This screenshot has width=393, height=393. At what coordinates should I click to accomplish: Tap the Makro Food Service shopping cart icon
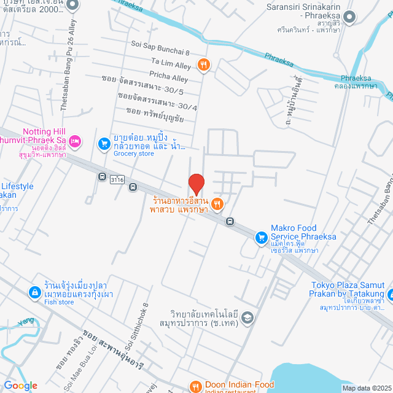(x=261, y=236)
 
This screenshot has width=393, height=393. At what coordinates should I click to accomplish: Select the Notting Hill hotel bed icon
(x=75, y=142)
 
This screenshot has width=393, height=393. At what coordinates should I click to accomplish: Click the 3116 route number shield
(x=117, y=180)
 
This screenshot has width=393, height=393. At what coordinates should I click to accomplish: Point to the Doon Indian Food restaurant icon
(x=195, y=387)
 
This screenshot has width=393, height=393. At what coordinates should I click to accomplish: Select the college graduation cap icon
(x=246, y=317)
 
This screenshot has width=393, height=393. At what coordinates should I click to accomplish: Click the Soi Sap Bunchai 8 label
(x=160, y=44)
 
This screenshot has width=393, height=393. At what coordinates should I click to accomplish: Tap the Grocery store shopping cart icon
(x=104, y=143)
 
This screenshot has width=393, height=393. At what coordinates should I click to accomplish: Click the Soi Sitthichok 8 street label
(x=138, y=341)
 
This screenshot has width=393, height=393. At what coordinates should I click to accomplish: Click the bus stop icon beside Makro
(x=230, y=222)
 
